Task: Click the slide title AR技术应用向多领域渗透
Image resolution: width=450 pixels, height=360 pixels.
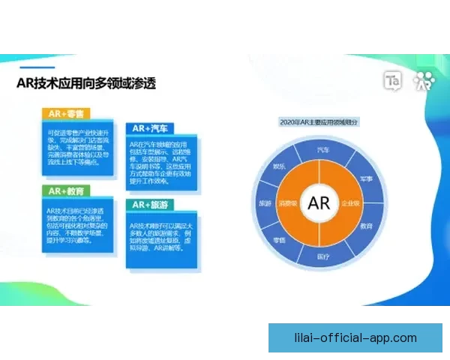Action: tap(86, 82)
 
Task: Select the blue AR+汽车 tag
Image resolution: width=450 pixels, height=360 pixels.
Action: tap(150, 128)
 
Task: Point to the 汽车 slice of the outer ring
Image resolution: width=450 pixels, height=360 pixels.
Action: tap(324, 150)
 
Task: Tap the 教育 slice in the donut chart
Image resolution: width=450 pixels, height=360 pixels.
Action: tap(366, 225)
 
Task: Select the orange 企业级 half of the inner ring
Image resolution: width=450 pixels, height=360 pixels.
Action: tap(350, 203)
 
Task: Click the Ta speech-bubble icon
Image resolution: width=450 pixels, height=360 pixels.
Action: tap(393, 80)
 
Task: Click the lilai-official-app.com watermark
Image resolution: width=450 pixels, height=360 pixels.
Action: tap(356, 338)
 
